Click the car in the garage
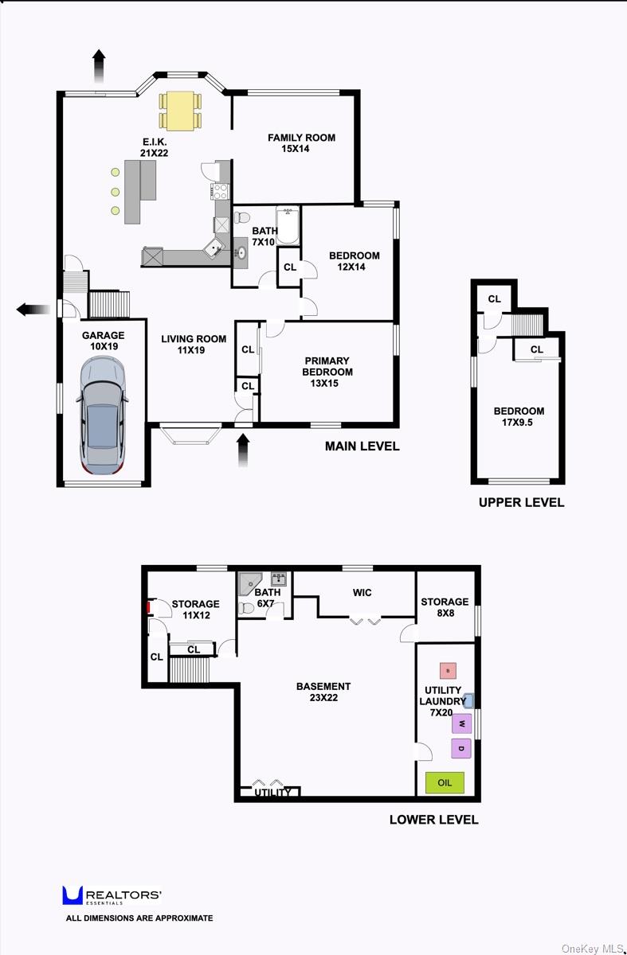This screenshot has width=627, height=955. tap(103, 415)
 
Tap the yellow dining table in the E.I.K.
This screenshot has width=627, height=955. tap(180, 111)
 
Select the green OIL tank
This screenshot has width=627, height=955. tap(445, 782)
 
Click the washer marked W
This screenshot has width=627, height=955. tap(461, 723)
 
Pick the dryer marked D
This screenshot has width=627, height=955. tap(461, 748)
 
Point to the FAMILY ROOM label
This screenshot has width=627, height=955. tap(301, 143)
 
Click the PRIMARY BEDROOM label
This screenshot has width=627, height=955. tap(327, 372)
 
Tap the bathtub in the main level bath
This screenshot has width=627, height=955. tap(288, 225)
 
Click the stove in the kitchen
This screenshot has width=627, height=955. tap(221, 192)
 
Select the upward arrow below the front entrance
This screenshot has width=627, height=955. tap(243, 450)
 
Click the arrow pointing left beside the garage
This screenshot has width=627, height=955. tap(33, 310)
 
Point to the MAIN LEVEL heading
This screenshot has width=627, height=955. tap(362, 446)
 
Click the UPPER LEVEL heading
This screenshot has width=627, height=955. tap(521, 503)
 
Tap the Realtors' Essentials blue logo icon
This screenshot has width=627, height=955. tap(72, 895)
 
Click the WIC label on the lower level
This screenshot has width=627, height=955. tap(362, 593)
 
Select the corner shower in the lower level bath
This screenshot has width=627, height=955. tap(249, 583)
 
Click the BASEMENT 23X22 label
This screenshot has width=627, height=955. tap(323, 692)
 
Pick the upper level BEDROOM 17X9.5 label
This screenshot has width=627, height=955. tap(519, 416)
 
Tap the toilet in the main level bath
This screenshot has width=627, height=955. tap(241, 218)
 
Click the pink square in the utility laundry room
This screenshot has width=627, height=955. tap(448, 671)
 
